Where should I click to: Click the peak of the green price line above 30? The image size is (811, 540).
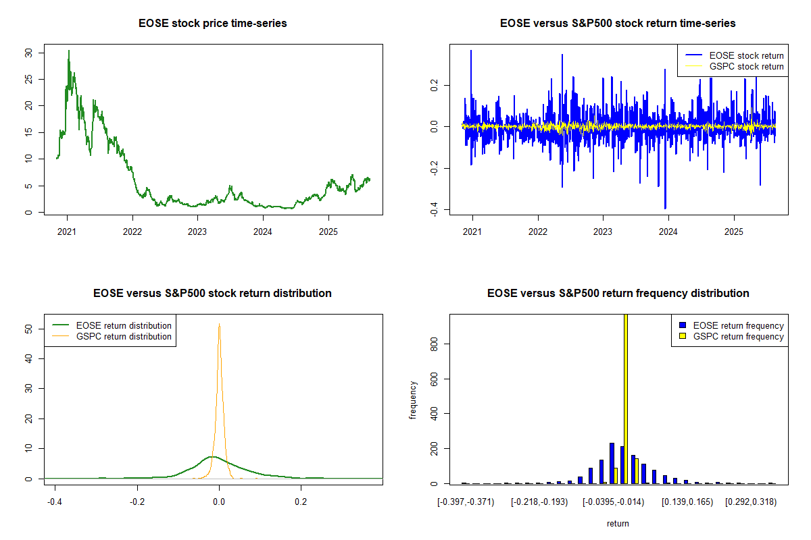pyautogui.click(x=68, y=51)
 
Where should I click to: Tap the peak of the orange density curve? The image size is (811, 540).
pyautogui.click(x=219, y=324)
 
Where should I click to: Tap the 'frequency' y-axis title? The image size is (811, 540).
pyautogui.click(x=413, y=400)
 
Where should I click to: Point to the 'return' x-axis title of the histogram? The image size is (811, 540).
pyautogui.click(x=618, y=523)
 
